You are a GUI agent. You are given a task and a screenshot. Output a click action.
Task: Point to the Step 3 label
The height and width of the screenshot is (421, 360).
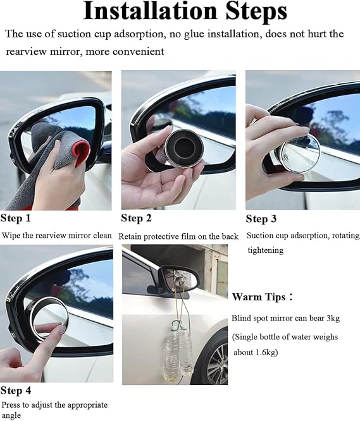[261, 219]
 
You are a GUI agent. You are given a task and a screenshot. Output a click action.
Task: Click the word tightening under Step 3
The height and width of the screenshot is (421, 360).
[266, 250]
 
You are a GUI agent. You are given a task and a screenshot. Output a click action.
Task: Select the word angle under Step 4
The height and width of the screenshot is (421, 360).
[11, 415]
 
